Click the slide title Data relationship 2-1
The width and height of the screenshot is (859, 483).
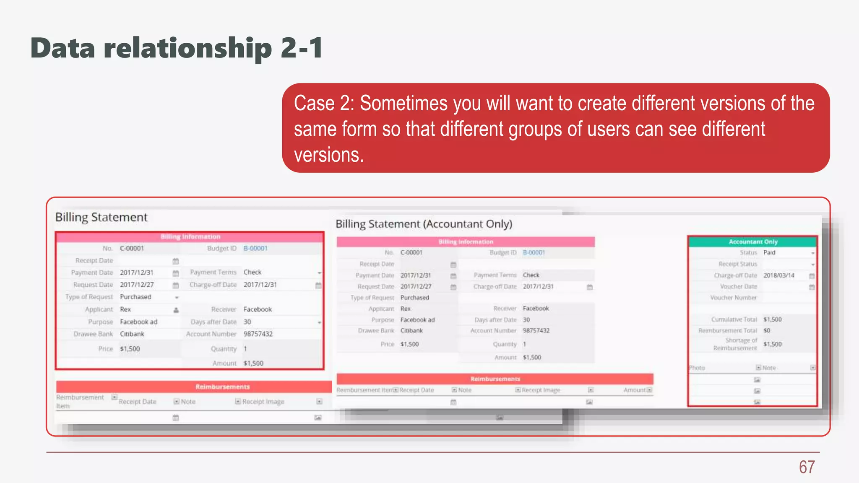(x=177, y=48)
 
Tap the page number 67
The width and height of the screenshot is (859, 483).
(x=807, y=467)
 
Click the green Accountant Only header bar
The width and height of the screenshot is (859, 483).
(x=752, y=241)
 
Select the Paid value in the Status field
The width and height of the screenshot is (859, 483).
(x=769, y=252)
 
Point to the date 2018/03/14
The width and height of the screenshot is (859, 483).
(x=778, y=275)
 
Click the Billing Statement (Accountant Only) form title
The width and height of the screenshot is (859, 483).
(x=424, y=224)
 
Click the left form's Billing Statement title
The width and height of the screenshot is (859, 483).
(x=101, y=217)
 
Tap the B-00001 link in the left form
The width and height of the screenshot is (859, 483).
(x=255, y=248)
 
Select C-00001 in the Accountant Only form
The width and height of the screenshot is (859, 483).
(x=411, y=252)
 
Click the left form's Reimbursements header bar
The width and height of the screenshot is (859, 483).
(x=222, y=387)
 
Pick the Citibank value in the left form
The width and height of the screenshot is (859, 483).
(x=132, y=334)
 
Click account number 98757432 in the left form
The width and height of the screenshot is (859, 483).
(x=258, y=334)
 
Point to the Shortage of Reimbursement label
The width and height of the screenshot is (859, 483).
(x=735, y=344)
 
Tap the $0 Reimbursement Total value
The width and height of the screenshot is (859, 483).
(x=767, y=330)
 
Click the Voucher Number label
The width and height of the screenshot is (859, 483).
(x=733, y=298)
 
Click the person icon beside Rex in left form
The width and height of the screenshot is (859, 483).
(x=176, y=310)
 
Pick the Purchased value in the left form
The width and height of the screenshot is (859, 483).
(x=135, y=297)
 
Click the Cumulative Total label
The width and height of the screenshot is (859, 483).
(x=734, y=319)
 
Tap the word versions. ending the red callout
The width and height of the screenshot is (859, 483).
(x=329, y=155)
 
